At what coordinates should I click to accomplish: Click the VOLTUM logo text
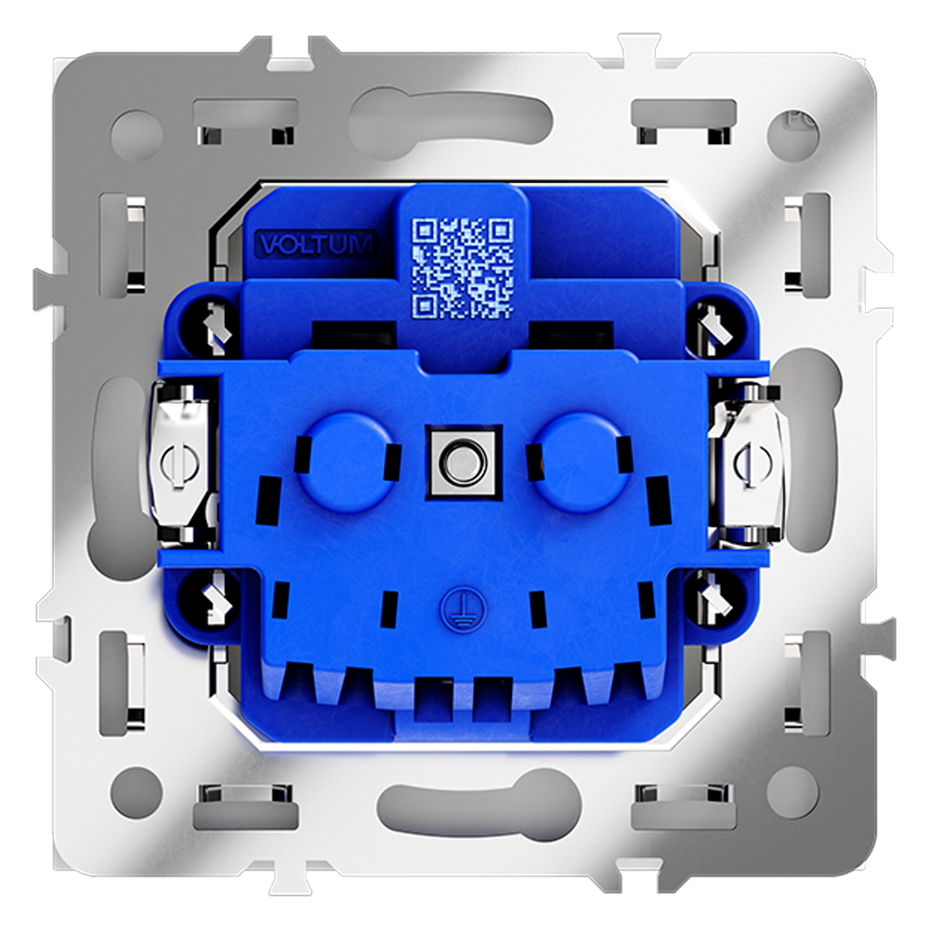pyautogui.click(x=313, y=244)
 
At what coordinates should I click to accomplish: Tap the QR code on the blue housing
pyautogui.click(x=463, y=268)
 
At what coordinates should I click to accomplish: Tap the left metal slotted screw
pyautogui.click(x=177, y=462)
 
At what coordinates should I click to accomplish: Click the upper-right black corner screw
pyautogui.click(x=713, y=321)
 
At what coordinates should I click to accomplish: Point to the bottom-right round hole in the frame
pyautogui.click(x=792, y=792)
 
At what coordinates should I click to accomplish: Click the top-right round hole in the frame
pyautogui.click(x=792, y=127)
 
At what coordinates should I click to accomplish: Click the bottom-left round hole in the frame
pyautogui.click(x=137, y=792)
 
